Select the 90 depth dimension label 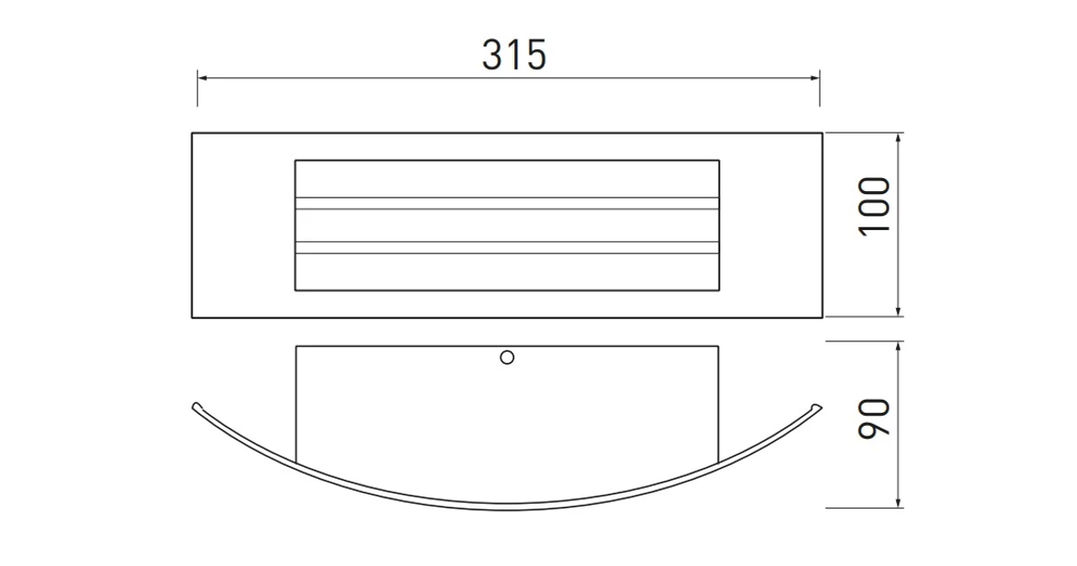tap(876, 418)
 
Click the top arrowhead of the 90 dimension tap(900, 346)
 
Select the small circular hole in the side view tap(507, 356)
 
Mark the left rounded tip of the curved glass tap(196, 405)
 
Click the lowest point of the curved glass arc tap(507, 506)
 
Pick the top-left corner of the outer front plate tap(192, 134)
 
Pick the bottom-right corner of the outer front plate tap(822, 317)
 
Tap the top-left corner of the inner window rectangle tap(295, 161)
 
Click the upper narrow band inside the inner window tap(507, 203)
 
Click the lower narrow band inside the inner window tap(507, 248)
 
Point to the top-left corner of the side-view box tap(295, 347)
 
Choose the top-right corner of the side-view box tap(719, 347)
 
